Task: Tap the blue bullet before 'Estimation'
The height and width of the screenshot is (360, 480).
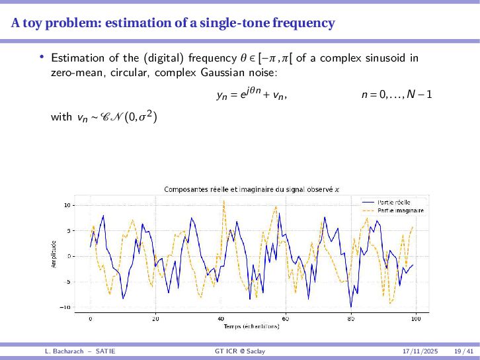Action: [42, 57]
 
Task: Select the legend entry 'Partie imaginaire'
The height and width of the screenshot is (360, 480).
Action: [399, 210]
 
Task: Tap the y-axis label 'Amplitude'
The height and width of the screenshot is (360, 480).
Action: [54, 255]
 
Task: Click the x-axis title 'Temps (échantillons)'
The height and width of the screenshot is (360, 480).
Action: [252, 326]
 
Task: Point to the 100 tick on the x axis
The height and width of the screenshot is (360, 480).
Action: [415, 318]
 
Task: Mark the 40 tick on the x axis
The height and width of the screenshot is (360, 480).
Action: [220, 318]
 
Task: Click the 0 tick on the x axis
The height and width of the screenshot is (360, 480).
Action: [91, 318]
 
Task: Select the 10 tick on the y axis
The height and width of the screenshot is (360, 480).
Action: [67, 205]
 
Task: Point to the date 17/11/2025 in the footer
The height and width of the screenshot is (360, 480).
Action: [420, 350]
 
